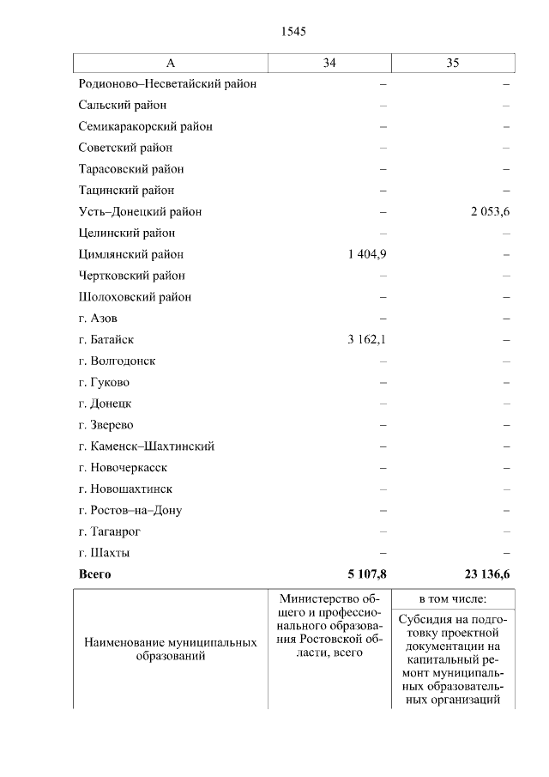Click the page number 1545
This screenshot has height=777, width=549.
point(293,32)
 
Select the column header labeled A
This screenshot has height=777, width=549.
point(171,63)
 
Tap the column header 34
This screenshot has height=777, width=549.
point(329,63)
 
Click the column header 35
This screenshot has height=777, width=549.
point(453,63)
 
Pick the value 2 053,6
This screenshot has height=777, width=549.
point(489,212)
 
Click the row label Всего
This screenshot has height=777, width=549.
point(94,574)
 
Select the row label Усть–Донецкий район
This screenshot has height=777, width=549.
point(140,212)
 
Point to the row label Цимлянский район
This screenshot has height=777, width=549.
point(130,254)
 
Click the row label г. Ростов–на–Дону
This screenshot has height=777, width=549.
point(130,510)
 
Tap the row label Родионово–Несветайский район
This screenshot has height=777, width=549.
point(167,84)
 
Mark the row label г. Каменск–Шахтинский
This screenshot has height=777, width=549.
point(146,446)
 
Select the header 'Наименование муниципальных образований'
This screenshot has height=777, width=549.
point(171,649)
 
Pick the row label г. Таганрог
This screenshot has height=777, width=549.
point(109,531)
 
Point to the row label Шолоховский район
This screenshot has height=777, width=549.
point(135,297)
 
